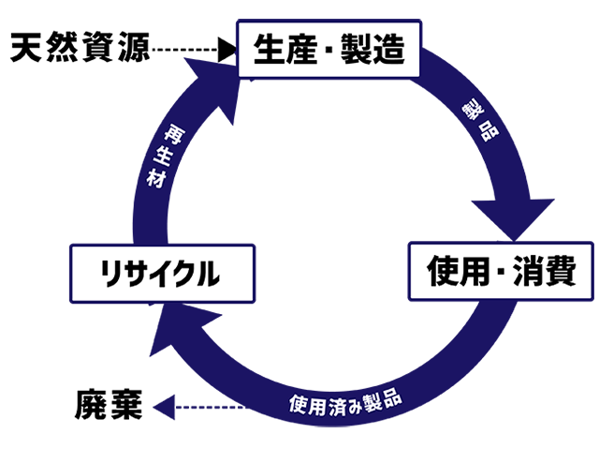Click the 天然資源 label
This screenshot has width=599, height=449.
80,47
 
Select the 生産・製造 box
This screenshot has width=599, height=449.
328,50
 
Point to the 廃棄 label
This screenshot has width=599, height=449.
108,406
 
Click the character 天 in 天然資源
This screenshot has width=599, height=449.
27,47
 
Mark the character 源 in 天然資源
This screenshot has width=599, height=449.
132,47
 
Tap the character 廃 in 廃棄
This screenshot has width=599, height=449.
91,406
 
